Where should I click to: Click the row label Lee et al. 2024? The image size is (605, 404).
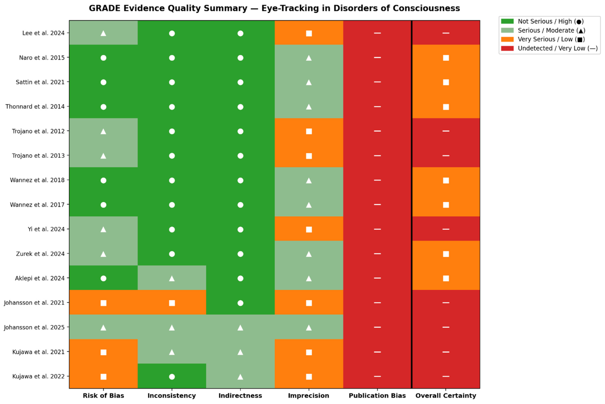(43, 33)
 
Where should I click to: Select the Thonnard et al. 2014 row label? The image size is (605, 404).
(35, 107)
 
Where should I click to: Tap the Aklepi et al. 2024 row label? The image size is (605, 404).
(40, 278)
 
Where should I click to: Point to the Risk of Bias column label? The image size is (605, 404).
(103, 396)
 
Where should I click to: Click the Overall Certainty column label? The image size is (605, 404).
(446, 396)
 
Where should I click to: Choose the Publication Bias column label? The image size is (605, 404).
(377, 396)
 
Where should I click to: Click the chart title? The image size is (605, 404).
(274, 8)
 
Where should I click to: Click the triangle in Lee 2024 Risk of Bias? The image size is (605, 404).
(103, 33)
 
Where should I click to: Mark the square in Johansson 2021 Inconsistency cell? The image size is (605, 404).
(172, 303)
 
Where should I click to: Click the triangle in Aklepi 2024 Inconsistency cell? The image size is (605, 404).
(172, 278)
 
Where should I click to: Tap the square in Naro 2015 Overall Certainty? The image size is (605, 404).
(446, 58)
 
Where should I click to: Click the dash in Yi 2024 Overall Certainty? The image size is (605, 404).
(446, 229)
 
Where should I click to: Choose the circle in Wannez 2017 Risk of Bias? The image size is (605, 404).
(103, 205)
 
